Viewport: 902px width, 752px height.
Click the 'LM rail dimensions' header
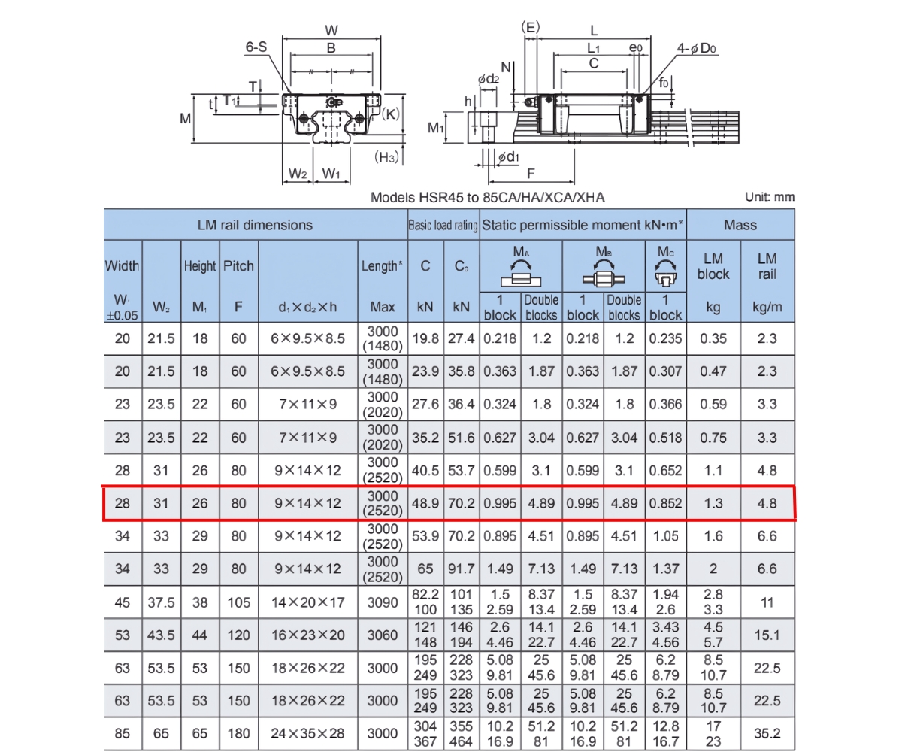255,225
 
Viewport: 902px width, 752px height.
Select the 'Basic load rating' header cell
443,225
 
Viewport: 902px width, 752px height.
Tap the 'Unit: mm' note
769,197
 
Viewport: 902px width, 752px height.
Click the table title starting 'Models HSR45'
488,198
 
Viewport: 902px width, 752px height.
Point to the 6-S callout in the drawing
256,47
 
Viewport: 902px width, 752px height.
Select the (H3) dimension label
387,156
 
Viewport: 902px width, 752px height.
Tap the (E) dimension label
530,27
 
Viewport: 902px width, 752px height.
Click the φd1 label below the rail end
508,156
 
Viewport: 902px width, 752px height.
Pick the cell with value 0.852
665,503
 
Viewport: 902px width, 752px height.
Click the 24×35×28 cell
308,733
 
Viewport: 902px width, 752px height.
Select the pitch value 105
238,602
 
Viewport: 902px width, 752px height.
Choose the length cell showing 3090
383,602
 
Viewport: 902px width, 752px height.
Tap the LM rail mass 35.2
767,733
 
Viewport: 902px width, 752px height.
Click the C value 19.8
425,338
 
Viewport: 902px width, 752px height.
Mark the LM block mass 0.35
713,338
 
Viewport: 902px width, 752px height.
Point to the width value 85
122,733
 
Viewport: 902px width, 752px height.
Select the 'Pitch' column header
238,265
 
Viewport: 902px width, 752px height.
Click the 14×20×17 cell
308,602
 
